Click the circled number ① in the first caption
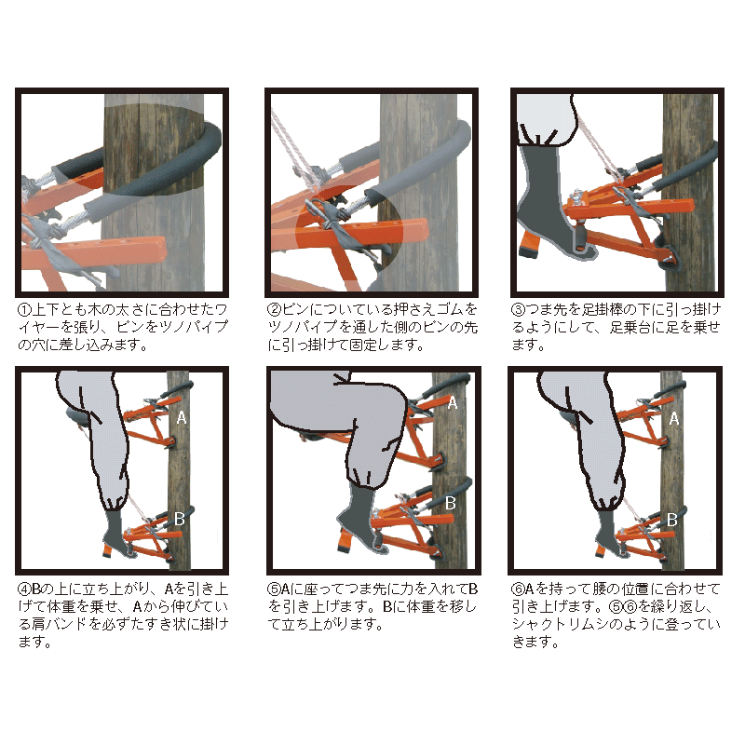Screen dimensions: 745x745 (x=25, y=310)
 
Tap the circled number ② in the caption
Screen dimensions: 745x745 (x=275, y=310)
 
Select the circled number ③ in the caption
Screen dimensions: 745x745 (x=519, y=310)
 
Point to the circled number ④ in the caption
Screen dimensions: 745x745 (x=25, y=589)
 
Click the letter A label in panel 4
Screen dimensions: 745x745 (x=182, y=418)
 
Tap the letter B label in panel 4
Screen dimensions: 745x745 (x=180, y=519)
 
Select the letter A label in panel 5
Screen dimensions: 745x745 (x=453, y=403)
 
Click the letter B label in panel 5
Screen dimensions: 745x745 (x=451, y=503)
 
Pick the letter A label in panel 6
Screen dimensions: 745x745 (x=673, y=418)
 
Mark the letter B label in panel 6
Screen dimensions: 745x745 (x=671, y=520)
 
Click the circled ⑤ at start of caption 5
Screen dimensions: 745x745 (x=274, y=589)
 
